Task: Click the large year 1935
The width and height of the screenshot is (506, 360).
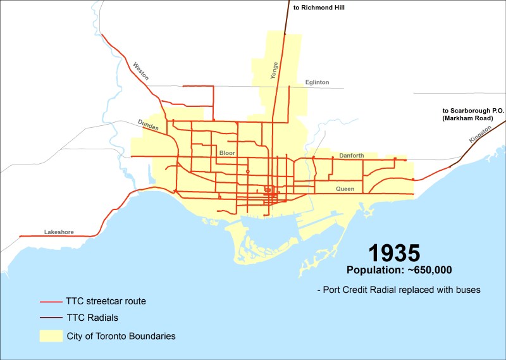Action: pos(393,253)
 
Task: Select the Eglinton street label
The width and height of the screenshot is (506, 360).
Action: pos(317,82)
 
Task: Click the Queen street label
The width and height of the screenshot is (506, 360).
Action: pos(345,189)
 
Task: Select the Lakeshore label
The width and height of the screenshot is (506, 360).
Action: pos(59,232)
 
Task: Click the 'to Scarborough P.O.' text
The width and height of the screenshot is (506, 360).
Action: pos(473,111)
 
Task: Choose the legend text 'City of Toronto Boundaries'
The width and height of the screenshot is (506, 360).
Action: pos(121,336)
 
